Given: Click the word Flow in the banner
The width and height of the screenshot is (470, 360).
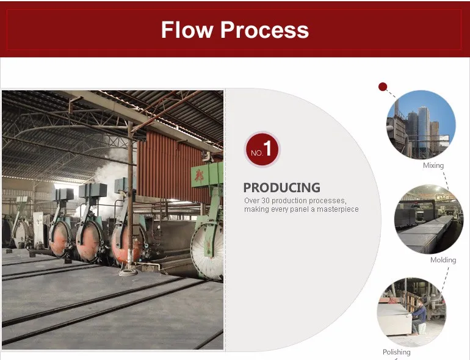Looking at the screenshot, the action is [187, 30].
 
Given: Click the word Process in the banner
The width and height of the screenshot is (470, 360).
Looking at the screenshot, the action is [265, 30].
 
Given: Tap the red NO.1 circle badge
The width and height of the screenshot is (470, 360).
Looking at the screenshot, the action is [262, 149].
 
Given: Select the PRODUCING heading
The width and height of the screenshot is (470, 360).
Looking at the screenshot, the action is [282, 188].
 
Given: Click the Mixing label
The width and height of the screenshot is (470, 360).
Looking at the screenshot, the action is [433, 165].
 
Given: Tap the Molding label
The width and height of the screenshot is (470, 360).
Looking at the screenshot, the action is [443, 260].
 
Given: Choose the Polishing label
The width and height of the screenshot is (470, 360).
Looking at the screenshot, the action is [397, 352].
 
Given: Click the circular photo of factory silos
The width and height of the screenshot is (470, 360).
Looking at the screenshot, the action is [421, 124].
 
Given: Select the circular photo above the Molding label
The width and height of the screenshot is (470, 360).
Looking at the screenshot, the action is [428, 219].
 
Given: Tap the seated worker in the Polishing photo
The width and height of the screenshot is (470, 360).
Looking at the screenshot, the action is [419, 317].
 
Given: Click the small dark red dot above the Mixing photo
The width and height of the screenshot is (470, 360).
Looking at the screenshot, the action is [383, 87].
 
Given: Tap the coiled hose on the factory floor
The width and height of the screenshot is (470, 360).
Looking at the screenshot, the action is [128, 273].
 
